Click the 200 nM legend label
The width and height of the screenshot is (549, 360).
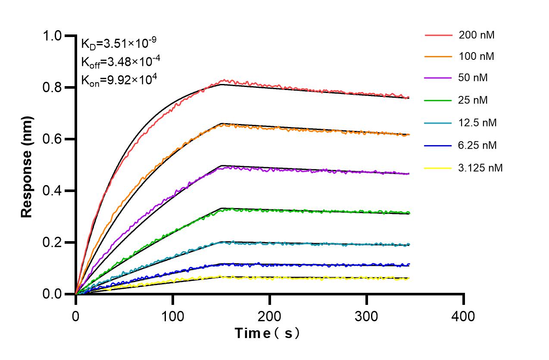pos(477,35)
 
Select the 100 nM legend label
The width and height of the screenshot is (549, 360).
pos(477,56)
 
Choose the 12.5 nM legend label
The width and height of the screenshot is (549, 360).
pos(478,123)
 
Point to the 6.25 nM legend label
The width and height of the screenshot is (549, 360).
pos(478,146)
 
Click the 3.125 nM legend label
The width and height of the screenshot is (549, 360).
pos(480,168)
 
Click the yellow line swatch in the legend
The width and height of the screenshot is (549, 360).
pos(438,168)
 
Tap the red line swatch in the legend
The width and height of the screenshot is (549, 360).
pos(438,35)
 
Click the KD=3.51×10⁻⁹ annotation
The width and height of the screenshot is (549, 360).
pos(119,43)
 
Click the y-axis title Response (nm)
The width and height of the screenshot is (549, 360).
pos(27,165)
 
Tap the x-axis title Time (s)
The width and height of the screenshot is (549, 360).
pos(267,333)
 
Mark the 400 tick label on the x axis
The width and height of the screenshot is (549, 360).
pos(463,316)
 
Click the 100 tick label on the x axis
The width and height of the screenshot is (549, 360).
pos(172,316)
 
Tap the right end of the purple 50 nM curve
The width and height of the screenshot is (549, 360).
pos(409,174)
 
